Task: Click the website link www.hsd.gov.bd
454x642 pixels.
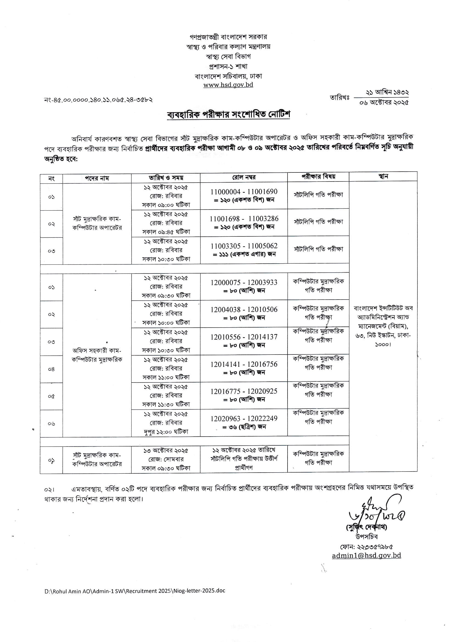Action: [x=228, y=85]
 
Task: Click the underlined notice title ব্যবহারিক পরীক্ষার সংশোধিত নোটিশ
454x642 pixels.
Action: [x=228, y=115]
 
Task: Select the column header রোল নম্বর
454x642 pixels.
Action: [x=244, y=177]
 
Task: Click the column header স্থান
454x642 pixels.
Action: [x=383, y=177]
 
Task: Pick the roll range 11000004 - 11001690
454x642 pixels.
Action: [x=244, y=192]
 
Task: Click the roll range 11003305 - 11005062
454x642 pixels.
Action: [x=244, y=246]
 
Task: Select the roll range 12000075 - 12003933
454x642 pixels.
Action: [x=244, y=282]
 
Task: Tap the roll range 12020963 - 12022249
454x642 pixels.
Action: [x=244, y=418]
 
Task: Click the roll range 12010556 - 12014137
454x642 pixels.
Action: [x=244, y=337]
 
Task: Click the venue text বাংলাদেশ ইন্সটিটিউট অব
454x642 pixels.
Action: [x=383, y=308]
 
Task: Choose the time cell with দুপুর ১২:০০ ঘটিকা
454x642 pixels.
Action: [x=166, y=432]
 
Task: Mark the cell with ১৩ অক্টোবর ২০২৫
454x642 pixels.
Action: [x=166, y=450]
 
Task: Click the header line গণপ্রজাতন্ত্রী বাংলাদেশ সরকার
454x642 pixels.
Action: [x=228, y=37]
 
